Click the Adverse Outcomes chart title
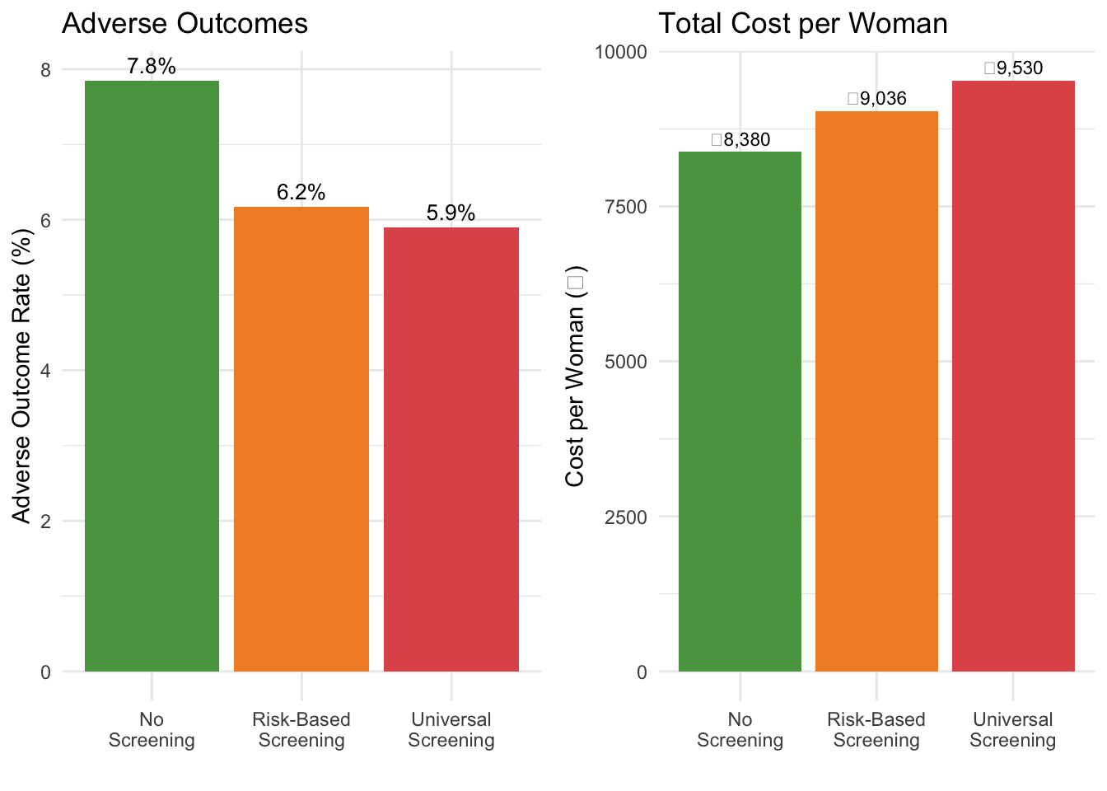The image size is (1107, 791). (x=184, y=23)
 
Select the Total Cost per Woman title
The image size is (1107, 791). (x=803, y=23)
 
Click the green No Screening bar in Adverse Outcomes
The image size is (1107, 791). (x=152, y=376)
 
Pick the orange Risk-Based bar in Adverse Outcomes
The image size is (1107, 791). (x=301, y=439)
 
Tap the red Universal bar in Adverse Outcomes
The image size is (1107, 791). (x=451, y=449)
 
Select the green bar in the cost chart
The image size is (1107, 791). (x=740, y=411)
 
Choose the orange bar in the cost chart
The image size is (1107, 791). (x=876, y=391)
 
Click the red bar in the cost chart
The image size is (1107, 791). (x=1013, y=376)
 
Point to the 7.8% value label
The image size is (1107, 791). (x=152, y=67)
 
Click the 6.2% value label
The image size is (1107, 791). (x=301, y=193)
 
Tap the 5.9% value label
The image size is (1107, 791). (x=451, y=213)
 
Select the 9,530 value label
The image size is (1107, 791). (x=1014, y=68)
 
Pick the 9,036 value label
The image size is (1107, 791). (x=877, y=99)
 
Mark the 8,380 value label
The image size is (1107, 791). (x=741, y=140)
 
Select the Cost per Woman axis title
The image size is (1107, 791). (x=575, y=376)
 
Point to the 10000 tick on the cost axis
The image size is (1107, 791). (x=621, y=52)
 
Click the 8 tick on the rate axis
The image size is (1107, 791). (x=45, y=70)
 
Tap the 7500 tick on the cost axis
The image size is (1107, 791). (x=626, y=207)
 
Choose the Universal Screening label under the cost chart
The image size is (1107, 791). (x=1013, y=730)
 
